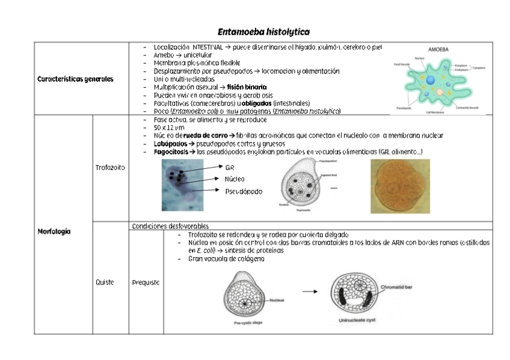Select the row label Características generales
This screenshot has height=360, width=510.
click(75, 79)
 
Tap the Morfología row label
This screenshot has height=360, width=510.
click(54, 231)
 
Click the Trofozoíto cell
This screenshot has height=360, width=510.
click(110, 167)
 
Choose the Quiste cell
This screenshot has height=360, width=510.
click(105, 282)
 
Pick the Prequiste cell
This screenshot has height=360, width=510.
click(146, 282)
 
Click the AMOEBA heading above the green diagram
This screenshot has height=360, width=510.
click(440, 49)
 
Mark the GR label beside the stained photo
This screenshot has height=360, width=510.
click(229, 168)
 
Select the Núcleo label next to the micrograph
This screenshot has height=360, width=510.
click(235, 179)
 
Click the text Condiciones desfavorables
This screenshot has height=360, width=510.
click(162, 225)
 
